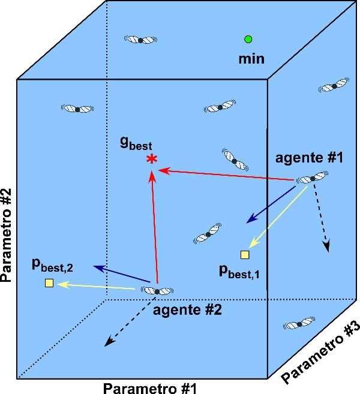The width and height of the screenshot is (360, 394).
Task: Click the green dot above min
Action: pyautogui.click(x=248, y=40)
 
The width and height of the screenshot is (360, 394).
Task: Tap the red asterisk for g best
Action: pyautogui.click(x=152, y=159)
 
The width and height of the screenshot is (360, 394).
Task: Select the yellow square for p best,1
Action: pyautogui.click(x=245, y=255)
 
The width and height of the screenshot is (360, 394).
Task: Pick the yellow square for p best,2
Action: pyautogui.click(x=49, y=283)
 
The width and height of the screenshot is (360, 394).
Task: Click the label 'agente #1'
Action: pyautogui.click(x=308, y=159)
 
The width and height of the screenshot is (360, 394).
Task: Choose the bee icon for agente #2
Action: pyautogui.click(x=157, y=291)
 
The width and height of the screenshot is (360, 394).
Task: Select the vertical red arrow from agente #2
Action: pyautogui.click(x=154, y=228)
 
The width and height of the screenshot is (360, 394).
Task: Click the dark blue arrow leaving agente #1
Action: pyautogui.click(x=269, y=206)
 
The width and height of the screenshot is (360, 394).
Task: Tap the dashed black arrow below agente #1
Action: pyautogui.click(x=321, y=219)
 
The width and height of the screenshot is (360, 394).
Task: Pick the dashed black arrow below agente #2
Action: pyautogui.click(x=126, y=322)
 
